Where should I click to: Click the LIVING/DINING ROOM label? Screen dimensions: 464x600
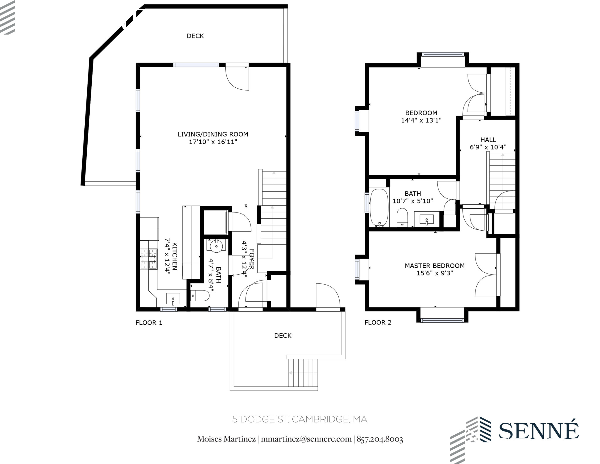(213, 134)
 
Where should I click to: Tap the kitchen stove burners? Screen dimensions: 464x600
(149, 259)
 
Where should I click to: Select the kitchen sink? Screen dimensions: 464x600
(173, 299)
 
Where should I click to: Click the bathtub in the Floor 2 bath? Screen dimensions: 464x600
(379, 208)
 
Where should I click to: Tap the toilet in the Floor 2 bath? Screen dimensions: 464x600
(402, 217)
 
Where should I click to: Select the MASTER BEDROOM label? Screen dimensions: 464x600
(434, 266)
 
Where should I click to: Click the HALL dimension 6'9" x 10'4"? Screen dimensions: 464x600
(488, 147)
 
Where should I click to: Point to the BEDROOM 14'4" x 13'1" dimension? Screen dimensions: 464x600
(421, 120)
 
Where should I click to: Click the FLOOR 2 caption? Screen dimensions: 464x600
(378, 322)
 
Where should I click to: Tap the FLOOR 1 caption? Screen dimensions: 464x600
(149, 323)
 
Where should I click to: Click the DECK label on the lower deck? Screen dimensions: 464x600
(283, 336)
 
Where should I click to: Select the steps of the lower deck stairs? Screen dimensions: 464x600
(303, 373)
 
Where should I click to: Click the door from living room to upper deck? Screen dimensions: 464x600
(237, 78)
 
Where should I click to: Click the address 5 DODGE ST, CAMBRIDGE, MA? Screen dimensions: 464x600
(299, 419)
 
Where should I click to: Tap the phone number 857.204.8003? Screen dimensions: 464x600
(380, 439)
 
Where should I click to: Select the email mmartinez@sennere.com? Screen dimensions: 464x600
(306, 439)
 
